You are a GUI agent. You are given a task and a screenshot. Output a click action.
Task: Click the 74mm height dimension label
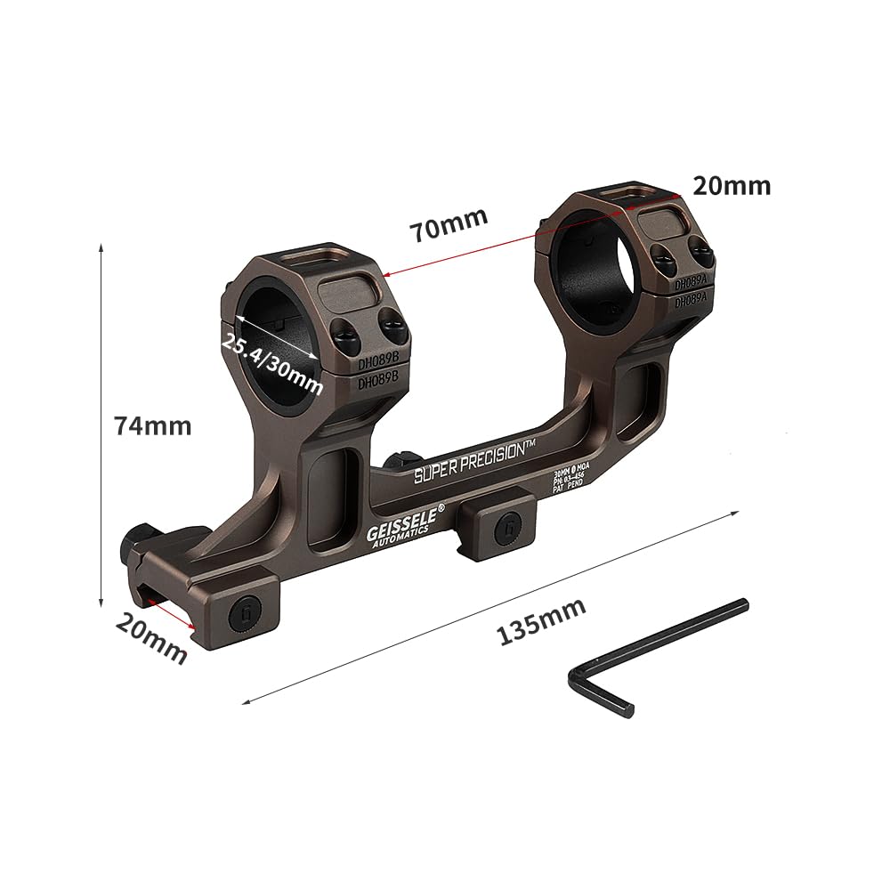click(x=152, y=426)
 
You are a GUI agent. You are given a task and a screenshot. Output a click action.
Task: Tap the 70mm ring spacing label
click(x=449, y=223)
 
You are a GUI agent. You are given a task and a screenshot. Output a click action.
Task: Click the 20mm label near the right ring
click(x=732, y=186)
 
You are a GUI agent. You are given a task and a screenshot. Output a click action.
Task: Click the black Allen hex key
click(x=656, y=655)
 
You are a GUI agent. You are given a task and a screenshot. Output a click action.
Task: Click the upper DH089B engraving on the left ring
click(x=377, y=366)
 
